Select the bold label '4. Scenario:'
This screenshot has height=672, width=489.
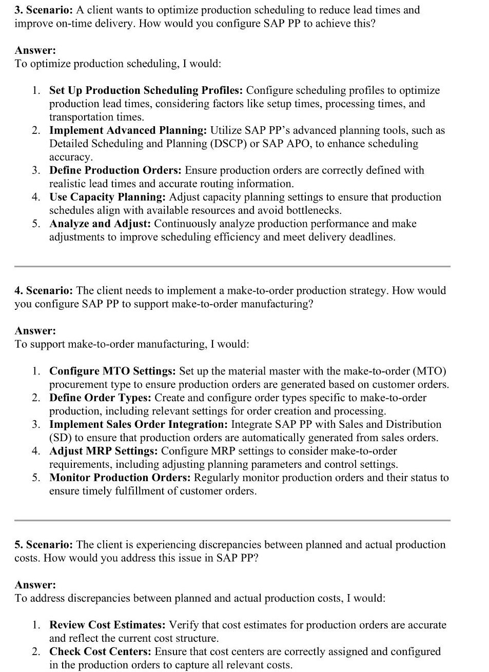click(x=44, y=291)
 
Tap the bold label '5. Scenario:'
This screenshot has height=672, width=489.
click(x=44, y=545)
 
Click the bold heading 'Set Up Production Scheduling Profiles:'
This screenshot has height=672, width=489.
click(x=146, y=90)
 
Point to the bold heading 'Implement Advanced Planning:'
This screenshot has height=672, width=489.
click(x=128, y=130)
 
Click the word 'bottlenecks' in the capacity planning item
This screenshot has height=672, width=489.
click(x=313, y=210)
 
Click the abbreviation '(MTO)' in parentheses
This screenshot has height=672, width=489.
click(x=429, y=371)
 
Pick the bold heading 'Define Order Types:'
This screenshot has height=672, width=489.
click(x=100, y=398)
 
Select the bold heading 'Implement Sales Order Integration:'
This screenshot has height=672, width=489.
click(x=139, y=424)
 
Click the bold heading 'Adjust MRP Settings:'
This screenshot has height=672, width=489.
click(x=103, y=451)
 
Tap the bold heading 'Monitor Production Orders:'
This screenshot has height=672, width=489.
click(x=120, y=478)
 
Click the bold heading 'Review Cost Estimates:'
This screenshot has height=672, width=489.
click(x=107, y=625)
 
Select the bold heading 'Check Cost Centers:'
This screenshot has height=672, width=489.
click(x=100, y=651)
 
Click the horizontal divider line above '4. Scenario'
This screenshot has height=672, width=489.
click(x=232, y=266)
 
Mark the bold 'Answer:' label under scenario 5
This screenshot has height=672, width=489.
click(x=35, y=585)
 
